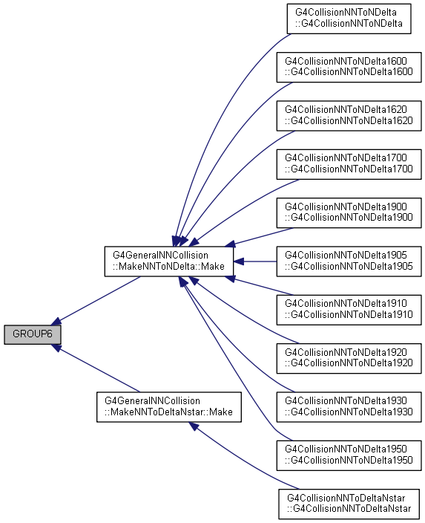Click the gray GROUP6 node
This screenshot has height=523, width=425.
[x=33, y=334]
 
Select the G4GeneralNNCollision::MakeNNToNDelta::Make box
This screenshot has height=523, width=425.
[x=169, y=261]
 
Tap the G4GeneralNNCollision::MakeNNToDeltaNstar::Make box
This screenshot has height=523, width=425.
[x=169, y=407]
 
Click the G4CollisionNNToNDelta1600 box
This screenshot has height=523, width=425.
[x=349, y=67]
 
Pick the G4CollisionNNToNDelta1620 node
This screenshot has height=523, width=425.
[x=349, y=115]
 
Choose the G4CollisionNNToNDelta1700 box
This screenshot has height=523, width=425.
[x=349, y=164]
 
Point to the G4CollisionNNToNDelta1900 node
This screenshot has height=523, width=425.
[x=349, y=212]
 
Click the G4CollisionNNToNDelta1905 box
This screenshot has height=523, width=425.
[x=349, y=261]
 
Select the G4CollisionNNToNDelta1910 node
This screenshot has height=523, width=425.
[x=349, y=310]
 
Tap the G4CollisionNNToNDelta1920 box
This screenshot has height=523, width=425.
[x=349, y=358]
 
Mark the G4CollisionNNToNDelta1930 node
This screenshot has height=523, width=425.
[x=349, y=407]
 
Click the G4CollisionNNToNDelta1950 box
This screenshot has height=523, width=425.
[x=349, y=455]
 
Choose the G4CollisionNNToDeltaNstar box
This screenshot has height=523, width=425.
[x=349, y=504]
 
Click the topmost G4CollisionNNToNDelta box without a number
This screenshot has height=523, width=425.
[x=349, y=19]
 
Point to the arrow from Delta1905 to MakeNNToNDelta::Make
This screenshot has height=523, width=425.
[x=255, y=261]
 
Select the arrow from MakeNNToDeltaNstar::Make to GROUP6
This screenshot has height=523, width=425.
[x=96, y=368]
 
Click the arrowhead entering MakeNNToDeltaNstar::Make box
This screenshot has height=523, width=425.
[x=194, y=426]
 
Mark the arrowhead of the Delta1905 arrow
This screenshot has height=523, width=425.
[x=239, y=261]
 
